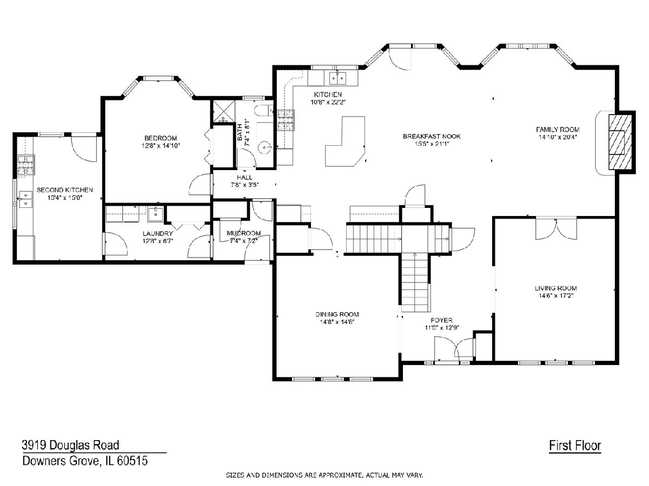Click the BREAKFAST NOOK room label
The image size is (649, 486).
432,136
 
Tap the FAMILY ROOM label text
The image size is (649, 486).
558,129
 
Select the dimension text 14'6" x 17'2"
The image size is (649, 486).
556,296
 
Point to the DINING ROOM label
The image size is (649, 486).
337,314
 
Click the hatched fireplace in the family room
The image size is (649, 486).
620,142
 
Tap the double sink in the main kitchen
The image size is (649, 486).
337,78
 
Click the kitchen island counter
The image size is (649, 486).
346,141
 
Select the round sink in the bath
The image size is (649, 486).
264,147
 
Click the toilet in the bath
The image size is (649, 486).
264,110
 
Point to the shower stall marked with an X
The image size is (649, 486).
224,111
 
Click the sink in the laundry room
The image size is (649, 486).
155,214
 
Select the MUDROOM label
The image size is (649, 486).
243,233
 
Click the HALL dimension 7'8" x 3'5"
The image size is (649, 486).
244,185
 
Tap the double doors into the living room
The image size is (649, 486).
556,228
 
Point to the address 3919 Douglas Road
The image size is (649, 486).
70,445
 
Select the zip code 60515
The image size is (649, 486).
132,461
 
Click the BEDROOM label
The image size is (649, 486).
161,138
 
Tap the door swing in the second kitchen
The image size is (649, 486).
84,149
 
